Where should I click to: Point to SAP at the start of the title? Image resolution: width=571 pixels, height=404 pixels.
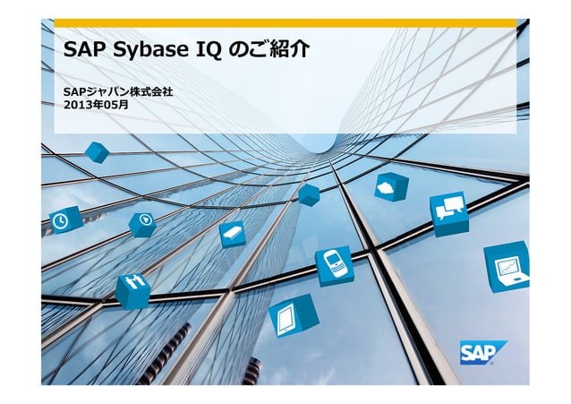point(83,50)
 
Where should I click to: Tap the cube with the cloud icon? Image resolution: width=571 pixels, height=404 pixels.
point(390,186)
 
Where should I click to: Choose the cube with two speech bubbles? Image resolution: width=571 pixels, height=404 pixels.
point(448,213)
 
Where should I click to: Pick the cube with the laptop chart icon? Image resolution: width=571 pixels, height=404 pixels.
point(507,267)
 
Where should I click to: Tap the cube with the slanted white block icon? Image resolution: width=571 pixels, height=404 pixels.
point(232,234)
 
